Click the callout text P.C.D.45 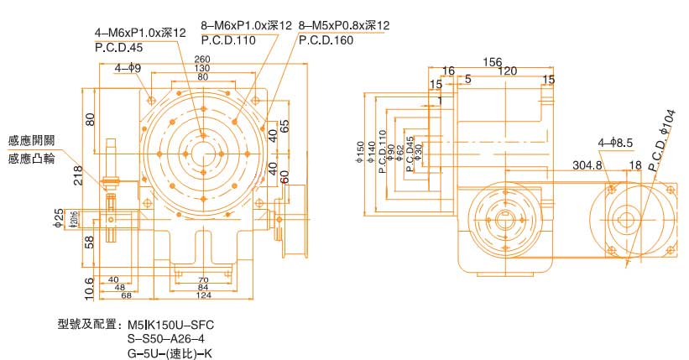pos(118,47)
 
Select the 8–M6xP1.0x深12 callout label pos(247,26)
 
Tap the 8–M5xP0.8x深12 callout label pos(344,26)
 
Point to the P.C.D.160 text pos(325,39)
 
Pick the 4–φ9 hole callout pos(128,67)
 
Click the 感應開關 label pos(31,140)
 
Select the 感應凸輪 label pos(31,158)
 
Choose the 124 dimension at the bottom pos(203,295)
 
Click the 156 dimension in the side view pos(493,61)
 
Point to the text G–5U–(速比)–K pos(170,352)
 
